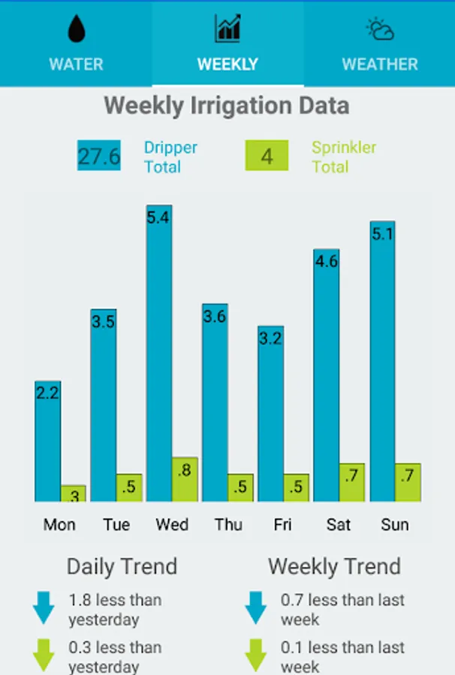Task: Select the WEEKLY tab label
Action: (227, 64)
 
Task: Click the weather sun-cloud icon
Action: (380, 29)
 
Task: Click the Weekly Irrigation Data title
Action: (227, 106)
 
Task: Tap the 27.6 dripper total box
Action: (99, 156)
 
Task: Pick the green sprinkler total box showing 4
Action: (267, 156)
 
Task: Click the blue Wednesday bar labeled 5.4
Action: (159, 352)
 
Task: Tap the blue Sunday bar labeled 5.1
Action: (382, 361)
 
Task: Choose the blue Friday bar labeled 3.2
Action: (270, 413)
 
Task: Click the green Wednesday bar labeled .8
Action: (185, 479)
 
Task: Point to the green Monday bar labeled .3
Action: (74, 493)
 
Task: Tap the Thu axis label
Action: (228, 524)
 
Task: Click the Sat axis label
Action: (339, 524)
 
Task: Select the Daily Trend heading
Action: (122, 566)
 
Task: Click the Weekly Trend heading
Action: (334, 566)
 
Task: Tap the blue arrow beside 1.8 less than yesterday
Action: (44, 607)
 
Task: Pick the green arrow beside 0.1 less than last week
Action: (257, 655)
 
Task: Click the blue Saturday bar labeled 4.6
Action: (326, 375)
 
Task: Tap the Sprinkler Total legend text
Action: (343, 157)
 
